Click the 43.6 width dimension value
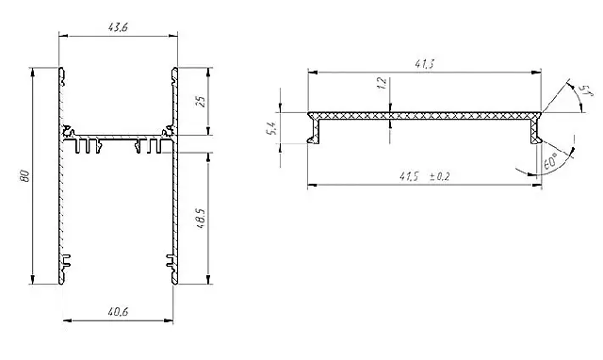click(x=118, y=27)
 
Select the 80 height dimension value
click(x=25, y=176)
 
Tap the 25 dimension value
click(x=201, y=101)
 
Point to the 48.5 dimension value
click(x=201, y=220)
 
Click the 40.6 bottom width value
click(x=118, y=312)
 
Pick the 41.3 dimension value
click(x=424, y=64)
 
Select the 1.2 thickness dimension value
click(x=382, y=83)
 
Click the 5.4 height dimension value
click(x=270, y=128)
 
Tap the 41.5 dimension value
click(x=408, y=176)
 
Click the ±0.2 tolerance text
click(x=439, y=176)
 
